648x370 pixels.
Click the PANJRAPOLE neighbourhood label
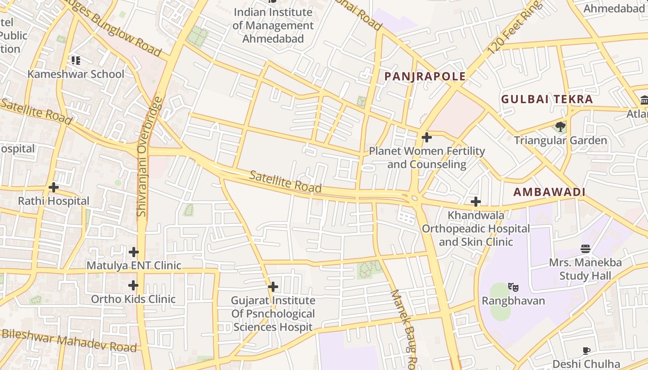point(425,77)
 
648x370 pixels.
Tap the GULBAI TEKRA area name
point(547,99)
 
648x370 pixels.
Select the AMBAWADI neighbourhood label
point(549,192)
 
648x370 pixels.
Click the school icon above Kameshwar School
point(76,60)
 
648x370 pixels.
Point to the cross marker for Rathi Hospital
point(54,187)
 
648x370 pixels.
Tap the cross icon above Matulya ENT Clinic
point(134,252)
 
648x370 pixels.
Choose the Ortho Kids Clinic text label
point(133,299)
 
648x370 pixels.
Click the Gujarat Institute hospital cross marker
point(273,287)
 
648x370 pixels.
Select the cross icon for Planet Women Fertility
point(427,137)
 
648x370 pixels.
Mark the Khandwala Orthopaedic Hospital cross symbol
point(475,202)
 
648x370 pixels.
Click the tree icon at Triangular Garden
point(561,126)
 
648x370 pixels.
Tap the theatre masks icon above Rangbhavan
point(513,287)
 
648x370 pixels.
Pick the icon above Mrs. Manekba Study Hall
point(586,249)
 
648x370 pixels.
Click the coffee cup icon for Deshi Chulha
point(586,351)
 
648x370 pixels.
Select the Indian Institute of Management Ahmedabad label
point(273,25)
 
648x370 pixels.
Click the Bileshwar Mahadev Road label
point(69,340)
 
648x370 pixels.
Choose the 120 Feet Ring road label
point(514,28)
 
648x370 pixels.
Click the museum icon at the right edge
point(644,100)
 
